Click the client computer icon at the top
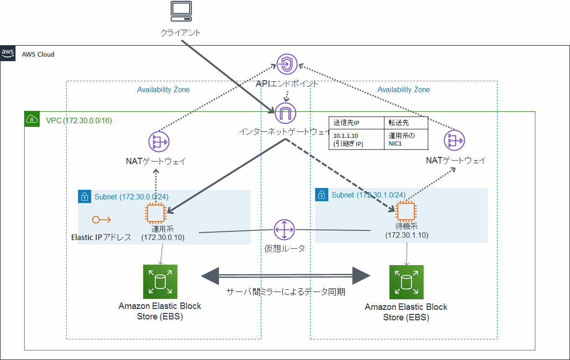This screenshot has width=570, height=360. click(181, 11)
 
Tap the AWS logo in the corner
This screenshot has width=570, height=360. click(8, 53)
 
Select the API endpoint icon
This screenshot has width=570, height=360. click(286, 64)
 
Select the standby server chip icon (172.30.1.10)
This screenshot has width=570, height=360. click(406, 212)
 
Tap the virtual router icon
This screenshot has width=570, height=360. click(285, 230)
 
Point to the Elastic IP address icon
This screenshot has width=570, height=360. click(101, 220)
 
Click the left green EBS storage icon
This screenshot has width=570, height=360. click(160, 282)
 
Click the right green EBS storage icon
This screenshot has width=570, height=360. click(406, 282)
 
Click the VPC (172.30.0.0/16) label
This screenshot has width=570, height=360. click(79, 120)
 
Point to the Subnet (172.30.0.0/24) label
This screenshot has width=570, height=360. click(131, 197)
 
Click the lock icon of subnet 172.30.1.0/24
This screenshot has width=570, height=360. click(321, 195)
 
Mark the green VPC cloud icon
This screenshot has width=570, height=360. click(32, 120)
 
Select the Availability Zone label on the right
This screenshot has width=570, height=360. click(404, 90)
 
